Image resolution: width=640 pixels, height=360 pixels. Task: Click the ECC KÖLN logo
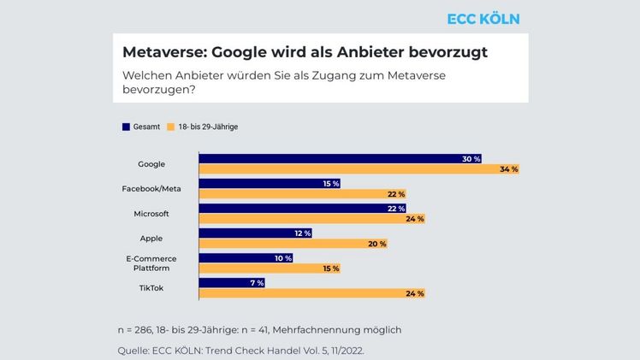(x=483, y=19)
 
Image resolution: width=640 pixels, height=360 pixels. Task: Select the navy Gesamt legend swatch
(x=126, y=127)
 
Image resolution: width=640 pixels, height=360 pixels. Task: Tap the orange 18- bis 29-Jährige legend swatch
(x=171, y=127)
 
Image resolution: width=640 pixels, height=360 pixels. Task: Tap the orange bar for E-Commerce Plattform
(x=270, y=269)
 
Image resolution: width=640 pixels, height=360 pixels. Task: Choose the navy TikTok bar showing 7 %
(x=232, y=283)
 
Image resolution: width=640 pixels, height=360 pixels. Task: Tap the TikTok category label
(x=151, y=287)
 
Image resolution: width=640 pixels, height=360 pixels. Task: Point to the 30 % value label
(x=471, y=159)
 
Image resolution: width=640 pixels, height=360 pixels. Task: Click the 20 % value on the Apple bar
(x=377, y=244)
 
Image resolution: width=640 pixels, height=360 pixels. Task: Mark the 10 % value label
(x=282, y=258)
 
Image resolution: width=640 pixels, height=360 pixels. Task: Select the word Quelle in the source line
(x=133, y=350)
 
